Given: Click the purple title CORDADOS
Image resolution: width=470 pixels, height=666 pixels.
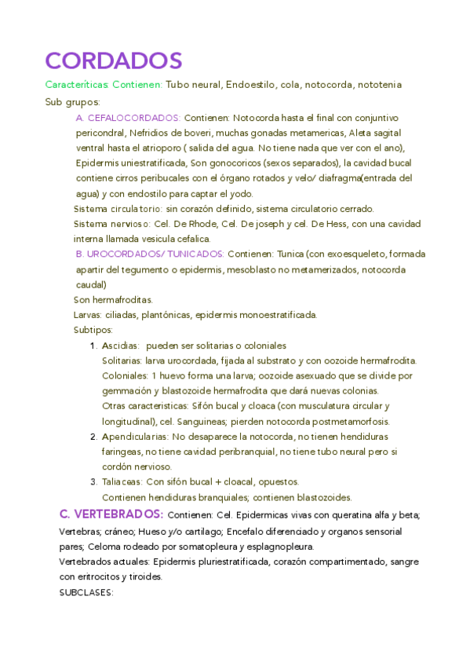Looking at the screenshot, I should point(114,60).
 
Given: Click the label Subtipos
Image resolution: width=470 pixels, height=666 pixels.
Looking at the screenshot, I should point(93,330).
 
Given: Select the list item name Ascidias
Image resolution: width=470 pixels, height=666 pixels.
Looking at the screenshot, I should point(121,346).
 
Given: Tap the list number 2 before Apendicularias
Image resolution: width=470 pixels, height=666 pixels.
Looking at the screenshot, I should point(93,436).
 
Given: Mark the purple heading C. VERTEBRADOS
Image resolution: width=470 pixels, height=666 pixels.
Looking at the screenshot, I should point(111,514).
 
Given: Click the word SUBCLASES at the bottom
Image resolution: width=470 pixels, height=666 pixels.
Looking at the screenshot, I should point(86,592).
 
